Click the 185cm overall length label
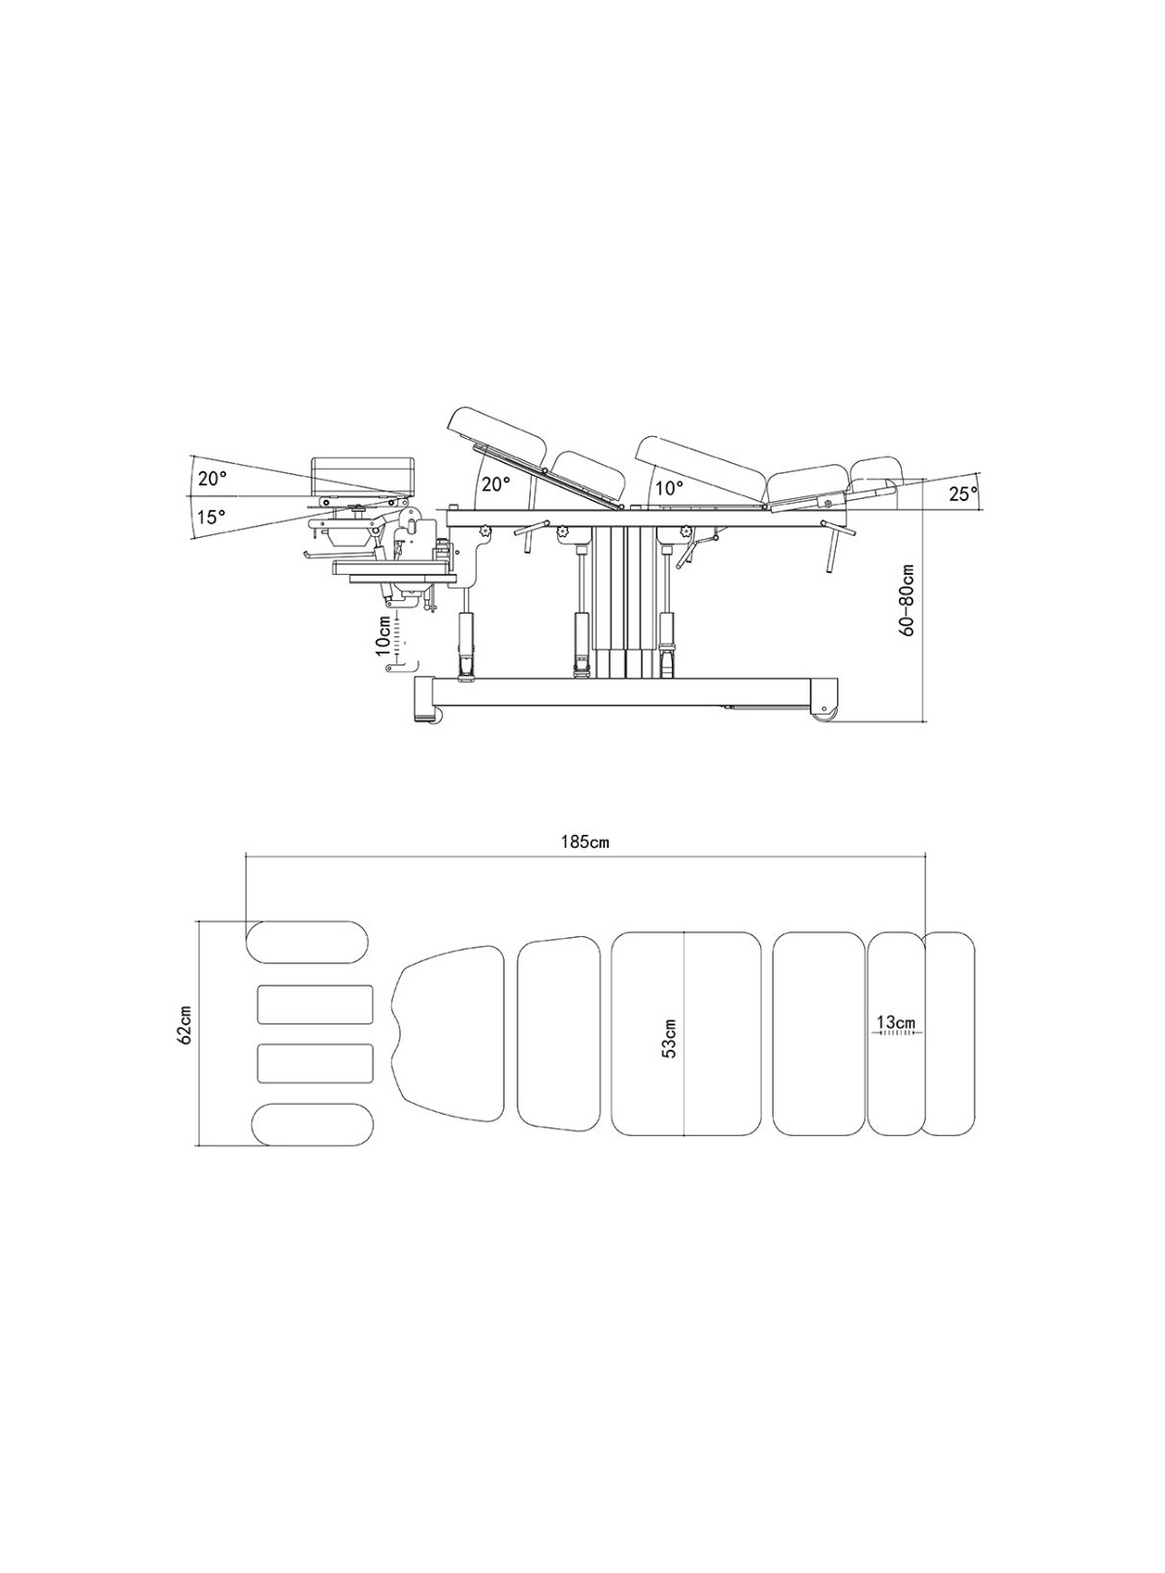coord(585,842)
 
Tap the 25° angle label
coord(963,494)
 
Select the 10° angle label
coord(669,487)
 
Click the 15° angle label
coord(212,517)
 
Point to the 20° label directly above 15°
coord(212,479)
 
